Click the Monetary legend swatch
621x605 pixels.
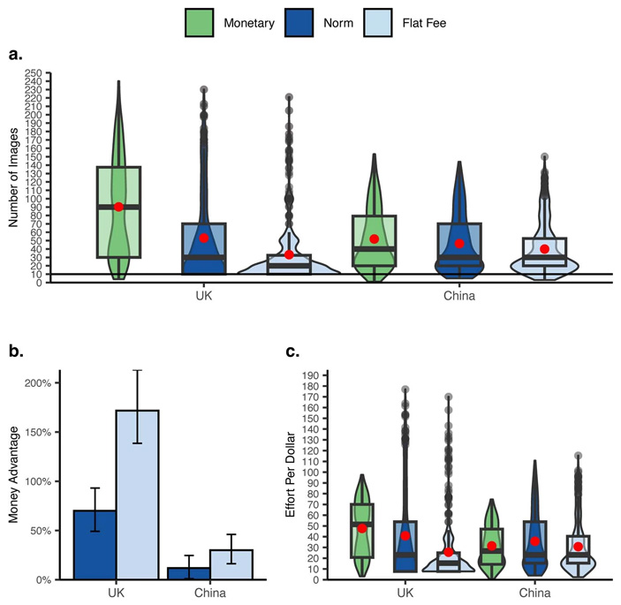201,23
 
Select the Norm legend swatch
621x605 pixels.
301,23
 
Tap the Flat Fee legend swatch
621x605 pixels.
387,23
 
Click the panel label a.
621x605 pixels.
14,56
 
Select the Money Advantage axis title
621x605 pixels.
15,481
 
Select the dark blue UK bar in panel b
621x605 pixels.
95,545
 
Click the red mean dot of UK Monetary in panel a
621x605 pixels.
118,207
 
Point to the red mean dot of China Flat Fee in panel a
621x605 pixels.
544,249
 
